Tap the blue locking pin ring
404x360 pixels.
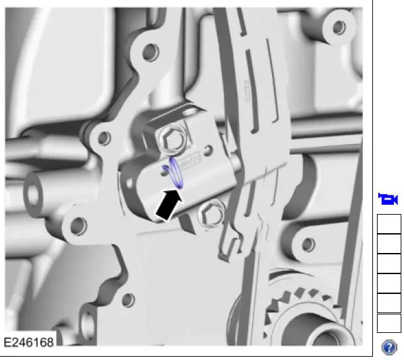coord(174,171)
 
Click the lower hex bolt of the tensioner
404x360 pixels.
coord(213,213)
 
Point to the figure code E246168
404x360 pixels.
coord(29,343)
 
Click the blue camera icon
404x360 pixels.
coord(388,199)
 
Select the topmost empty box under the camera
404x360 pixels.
coord(389,225)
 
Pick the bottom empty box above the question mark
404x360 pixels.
coord(389,324)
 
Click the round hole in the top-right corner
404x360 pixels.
coord(339,27)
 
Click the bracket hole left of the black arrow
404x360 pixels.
coord(78,226)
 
